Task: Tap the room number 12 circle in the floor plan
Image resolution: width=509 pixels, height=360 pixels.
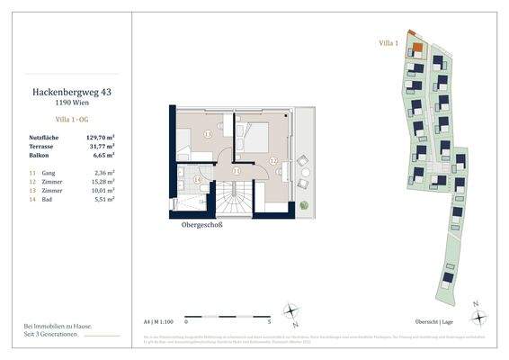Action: pos(273,162)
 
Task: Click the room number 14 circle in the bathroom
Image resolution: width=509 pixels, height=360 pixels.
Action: pos(198,179)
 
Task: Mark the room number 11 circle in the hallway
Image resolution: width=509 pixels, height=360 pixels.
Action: pos(236,170)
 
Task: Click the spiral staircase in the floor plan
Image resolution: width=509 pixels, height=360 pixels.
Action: pos(241,194)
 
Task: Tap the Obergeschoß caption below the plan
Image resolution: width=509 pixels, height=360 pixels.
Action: pos(202,225)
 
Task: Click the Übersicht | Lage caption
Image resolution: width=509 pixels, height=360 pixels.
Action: pos(457,319)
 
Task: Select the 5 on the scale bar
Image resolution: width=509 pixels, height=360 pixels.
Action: pos(269,319)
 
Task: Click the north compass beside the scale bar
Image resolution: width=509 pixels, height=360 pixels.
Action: pos(293,312)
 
